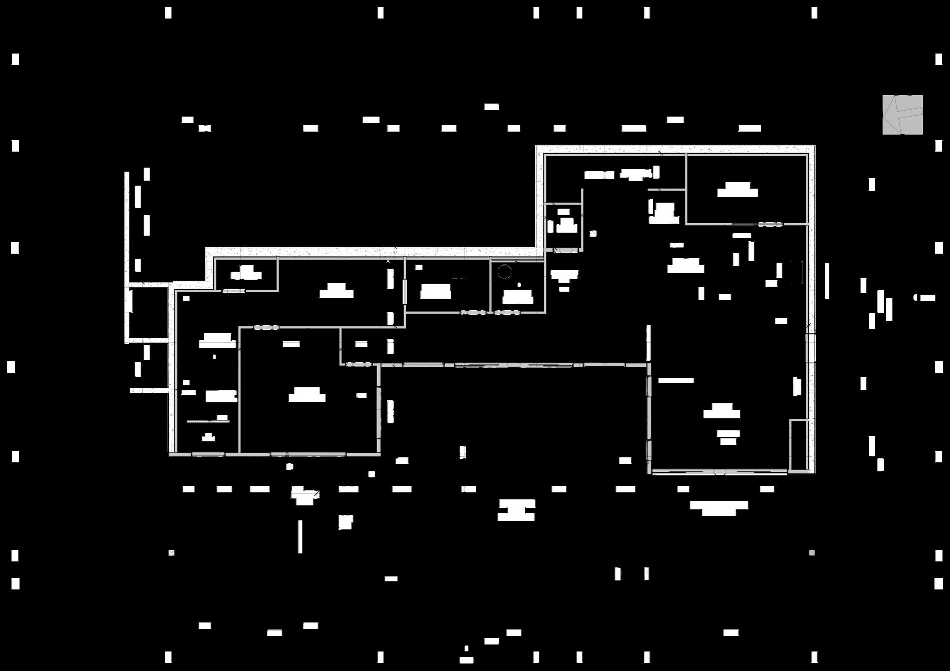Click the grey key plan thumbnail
click(902, 115)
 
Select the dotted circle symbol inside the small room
click(504, 272)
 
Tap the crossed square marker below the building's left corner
click(171, 553)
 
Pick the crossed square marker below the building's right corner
click(812, 553)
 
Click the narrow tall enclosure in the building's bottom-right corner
click(798, 445)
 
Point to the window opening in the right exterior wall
click(810, 347)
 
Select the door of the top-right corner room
click(770, 224)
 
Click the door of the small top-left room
click(233, 291)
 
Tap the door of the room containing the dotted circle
click(506, 313)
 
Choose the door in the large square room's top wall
click(266, 328)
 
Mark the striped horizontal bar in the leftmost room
click(208, 422)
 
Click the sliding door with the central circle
click(719, 472)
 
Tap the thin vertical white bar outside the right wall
click(827, 281)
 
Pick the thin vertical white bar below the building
click(300, 536)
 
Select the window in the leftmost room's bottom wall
click(208, 454)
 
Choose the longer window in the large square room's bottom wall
click(315, 454)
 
